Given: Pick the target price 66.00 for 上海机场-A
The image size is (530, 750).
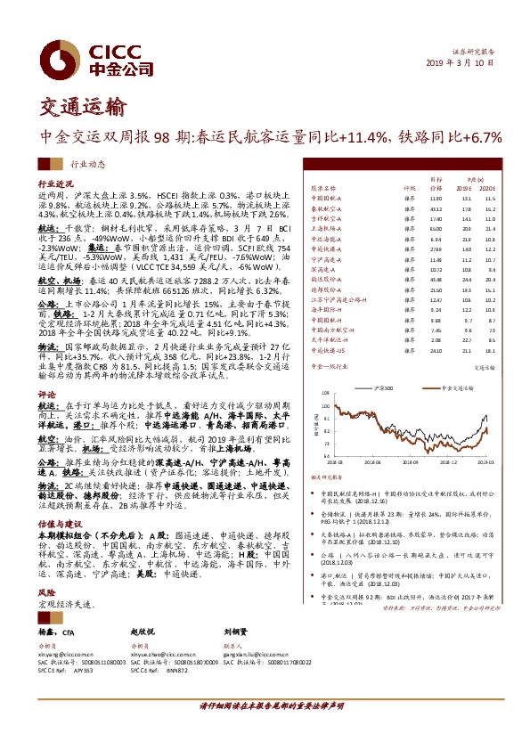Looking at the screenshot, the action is click(x=436, y=227).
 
